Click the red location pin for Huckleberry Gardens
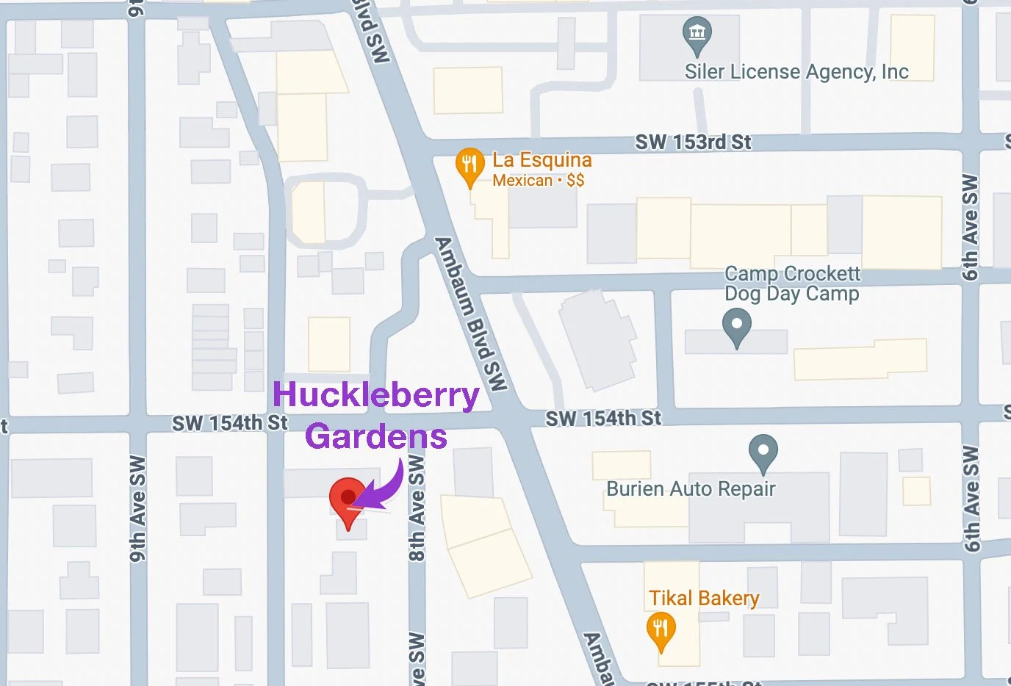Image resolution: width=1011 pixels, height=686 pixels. coord(348,499)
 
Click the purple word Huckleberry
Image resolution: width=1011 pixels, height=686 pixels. coord(375,395)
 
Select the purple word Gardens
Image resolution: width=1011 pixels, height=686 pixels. coord(375,436)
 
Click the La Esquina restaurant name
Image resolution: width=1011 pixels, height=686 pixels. coord(542,160)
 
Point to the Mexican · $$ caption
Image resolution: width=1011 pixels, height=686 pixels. coord(538,181)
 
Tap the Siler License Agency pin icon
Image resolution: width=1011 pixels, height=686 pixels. coord(697,35)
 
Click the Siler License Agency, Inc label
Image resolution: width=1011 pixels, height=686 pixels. coord(796,72)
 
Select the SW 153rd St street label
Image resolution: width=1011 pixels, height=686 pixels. coord(693,142)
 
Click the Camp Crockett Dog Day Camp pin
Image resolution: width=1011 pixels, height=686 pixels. coord(736,325)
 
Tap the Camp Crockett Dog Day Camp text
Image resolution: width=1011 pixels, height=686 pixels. coord(792,284)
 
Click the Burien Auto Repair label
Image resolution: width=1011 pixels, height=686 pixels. coord(691,489)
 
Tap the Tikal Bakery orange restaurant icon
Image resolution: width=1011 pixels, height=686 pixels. coord(661,631)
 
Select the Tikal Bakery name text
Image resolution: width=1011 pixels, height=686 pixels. coord(703,599)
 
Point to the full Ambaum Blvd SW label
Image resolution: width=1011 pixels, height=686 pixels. coord(471,314)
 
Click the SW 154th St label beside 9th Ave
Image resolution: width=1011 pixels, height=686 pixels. coord(229,423)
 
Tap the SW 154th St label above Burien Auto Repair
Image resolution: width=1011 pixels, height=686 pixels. coord(602,419)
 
